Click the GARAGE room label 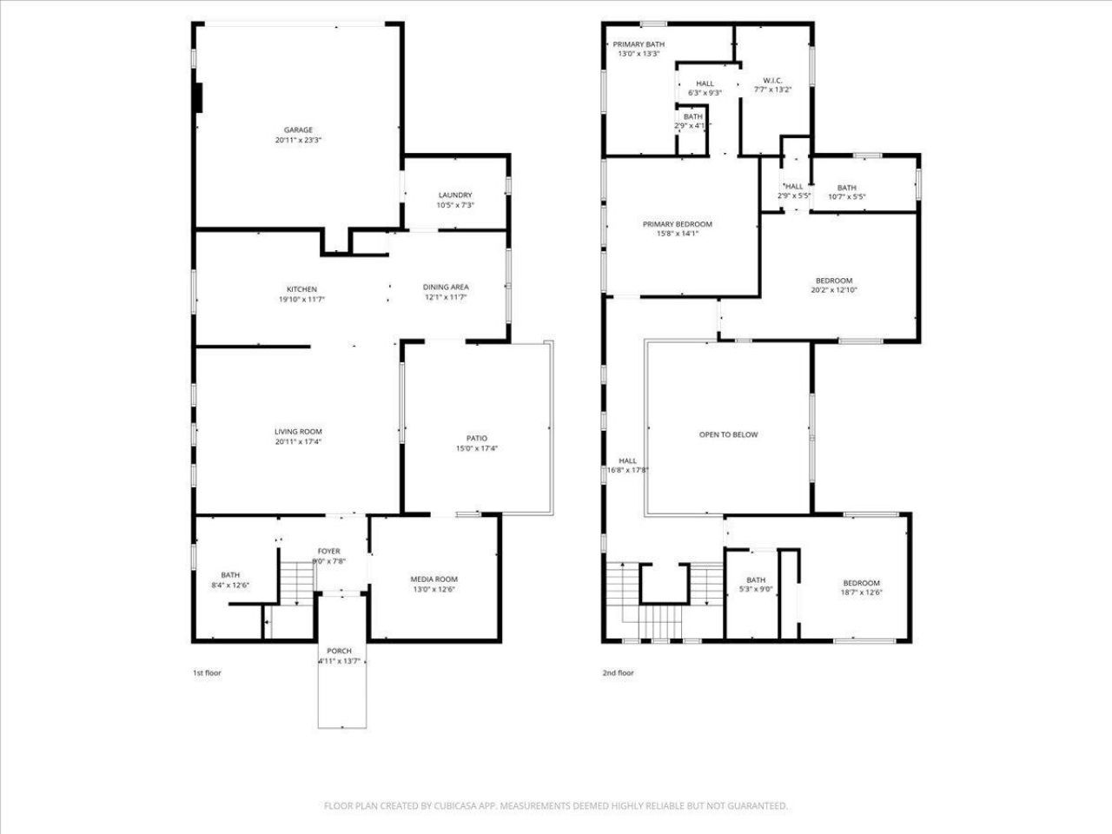[298, 130]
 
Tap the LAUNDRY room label [455, 195]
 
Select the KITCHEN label [301, 289]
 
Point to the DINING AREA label [446, 288]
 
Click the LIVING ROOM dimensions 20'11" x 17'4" [298, 442]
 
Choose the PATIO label [476, 439]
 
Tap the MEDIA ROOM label [434, 579]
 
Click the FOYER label [328, 552]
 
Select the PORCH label [339, 652]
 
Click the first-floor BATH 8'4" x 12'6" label [230, 575]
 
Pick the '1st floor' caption [207, 672]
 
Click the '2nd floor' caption [618, 672]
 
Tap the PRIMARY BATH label [639, 44]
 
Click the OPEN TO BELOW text [728, 434]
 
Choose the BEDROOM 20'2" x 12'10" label [833, 281]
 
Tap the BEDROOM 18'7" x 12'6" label [861, 583]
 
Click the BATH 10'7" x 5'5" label [846, 188]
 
